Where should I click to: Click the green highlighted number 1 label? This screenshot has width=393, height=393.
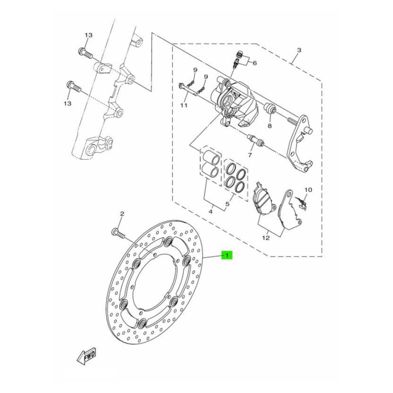click(x=227, y=255)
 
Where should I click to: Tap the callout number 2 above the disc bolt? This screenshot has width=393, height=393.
click(x=122, y=214)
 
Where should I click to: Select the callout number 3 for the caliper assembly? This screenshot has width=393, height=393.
click(x=299, y=50)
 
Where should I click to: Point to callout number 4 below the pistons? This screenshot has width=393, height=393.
click(x=210, y=212)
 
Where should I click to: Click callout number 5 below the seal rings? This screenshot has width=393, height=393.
click(x=227, y=204)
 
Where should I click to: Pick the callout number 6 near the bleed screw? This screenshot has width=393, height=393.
click(x=255, y=63)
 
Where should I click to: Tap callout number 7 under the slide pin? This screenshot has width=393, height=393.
click(x=250, y=155)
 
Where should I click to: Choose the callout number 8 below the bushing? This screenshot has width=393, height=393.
click(x=270, y=126)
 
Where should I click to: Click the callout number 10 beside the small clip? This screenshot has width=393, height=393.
click(x=308, y=190)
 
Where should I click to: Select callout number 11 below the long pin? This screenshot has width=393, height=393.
click(x=184, y=106)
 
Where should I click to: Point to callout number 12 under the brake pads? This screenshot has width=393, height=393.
click(x=266, y=238)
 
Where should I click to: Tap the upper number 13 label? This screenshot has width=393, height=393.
click(x=89, y=35)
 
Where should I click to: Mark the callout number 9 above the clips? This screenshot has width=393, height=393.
click(x=196, y=70)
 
